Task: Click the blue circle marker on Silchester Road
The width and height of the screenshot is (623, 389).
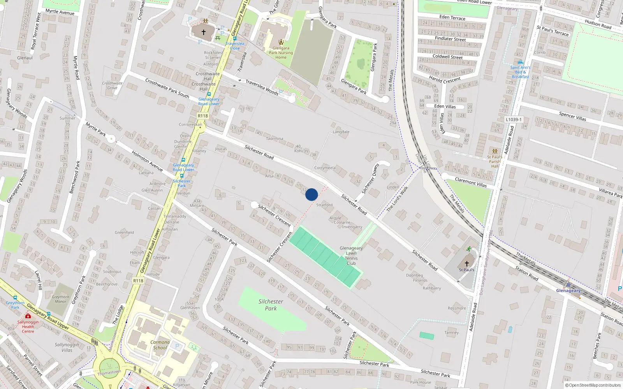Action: point(311,194)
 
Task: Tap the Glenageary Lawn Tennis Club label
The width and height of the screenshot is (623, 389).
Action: point(351,256)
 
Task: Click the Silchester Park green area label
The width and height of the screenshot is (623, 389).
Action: point(271,305)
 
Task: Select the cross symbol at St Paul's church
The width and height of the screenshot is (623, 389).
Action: point(466,263)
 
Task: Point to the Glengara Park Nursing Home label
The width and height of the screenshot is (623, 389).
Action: point(281,53)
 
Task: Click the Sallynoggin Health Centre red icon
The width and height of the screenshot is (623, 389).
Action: point(28,316)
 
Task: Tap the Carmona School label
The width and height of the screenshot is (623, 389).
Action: point(160,345)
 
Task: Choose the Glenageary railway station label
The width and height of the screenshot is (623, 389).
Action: point(568,291)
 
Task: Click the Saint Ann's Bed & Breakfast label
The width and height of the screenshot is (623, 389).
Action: point(520,72)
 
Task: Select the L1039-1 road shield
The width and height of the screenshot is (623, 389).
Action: point(514,119)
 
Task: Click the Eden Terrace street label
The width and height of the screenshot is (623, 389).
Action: point(452,18)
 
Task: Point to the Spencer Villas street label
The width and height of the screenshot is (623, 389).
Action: point(572,116)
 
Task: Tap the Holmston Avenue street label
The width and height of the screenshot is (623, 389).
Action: point(147,161)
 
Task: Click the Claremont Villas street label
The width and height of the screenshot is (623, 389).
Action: point(471,182)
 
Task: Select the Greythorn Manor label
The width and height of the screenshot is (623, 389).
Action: point(60,299)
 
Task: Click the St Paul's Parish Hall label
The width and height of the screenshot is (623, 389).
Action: point(495,161)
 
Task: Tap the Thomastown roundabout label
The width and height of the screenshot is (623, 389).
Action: point(109,373)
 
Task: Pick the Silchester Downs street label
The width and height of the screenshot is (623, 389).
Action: point(370,179)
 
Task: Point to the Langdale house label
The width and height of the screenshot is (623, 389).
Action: point(341,132)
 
